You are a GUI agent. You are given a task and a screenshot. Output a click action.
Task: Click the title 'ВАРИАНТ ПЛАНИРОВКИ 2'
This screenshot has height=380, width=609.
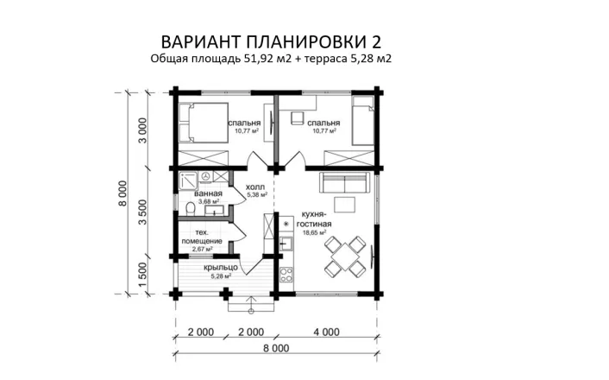[x=271, y=42]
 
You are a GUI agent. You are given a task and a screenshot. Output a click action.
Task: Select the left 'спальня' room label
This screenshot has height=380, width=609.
[x=245, y=123]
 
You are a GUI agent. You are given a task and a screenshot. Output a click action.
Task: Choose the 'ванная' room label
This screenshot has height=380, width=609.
[x=207, y=193]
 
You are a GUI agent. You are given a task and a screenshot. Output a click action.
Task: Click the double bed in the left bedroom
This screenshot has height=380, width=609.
[x=204, y=123]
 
